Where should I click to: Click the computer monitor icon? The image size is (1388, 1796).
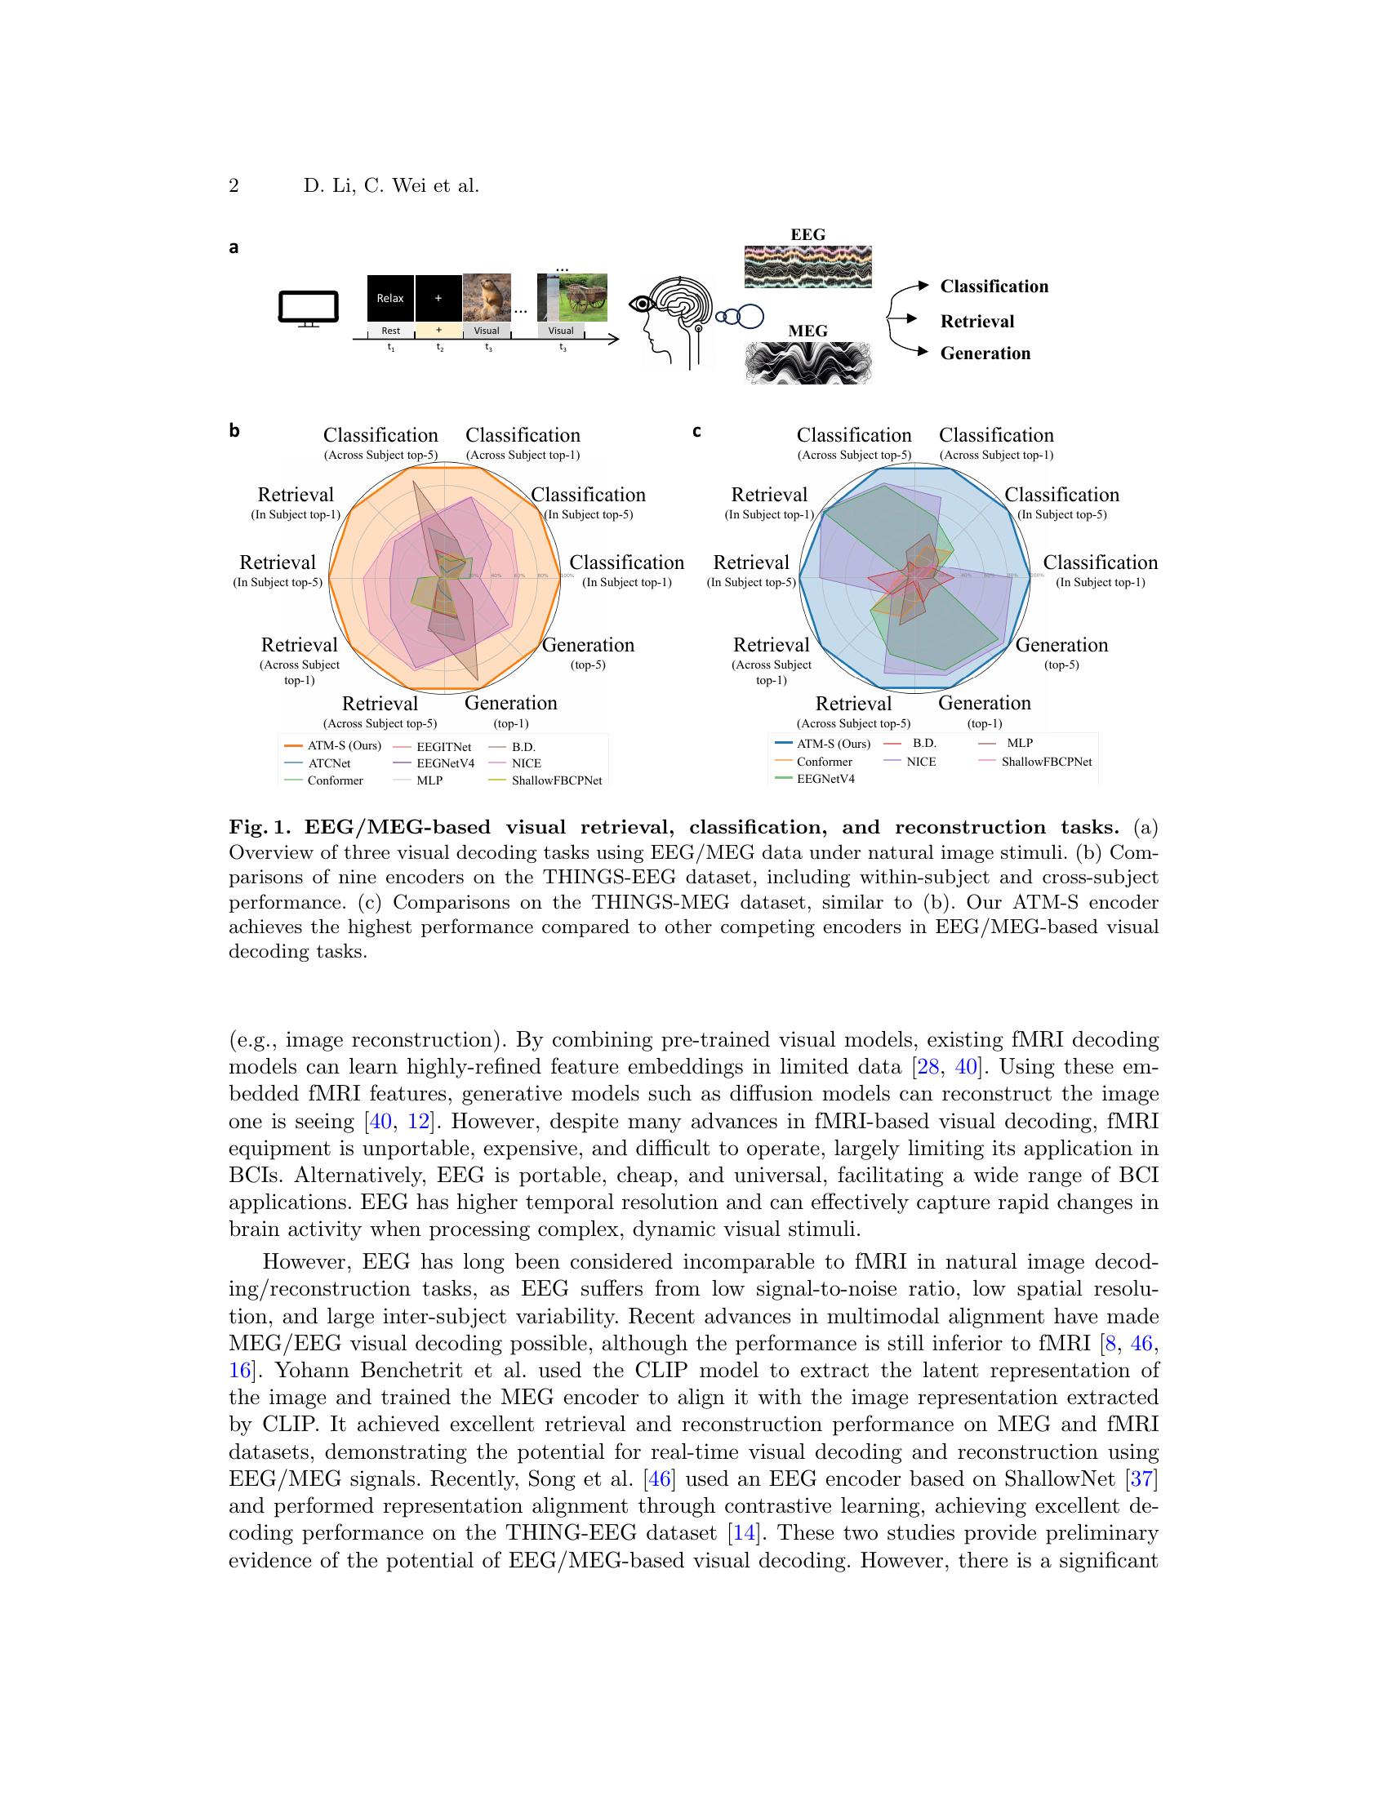coord(309,309)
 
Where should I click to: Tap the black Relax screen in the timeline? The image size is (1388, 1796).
coord(390,298)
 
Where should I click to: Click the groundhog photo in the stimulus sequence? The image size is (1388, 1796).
coord(487,298)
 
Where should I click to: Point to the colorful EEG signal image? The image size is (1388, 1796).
coord(807,266)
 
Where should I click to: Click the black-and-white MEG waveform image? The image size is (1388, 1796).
coord(807,362)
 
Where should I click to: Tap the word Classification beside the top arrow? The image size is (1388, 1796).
coord(994,287)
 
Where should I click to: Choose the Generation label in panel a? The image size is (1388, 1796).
coord(985,353)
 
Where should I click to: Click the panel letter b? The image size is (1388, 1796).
coord(234,430)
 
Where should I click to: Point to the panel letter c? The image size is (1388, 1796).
coord(696,430)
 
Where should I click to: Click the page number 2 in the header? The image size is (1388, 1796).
coord(234,186)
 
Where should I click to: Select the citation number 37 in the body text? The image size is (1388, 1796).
coord(1141,1478)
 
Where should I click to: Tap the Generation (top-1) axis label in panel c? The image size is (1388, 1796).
coord(985,711)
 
